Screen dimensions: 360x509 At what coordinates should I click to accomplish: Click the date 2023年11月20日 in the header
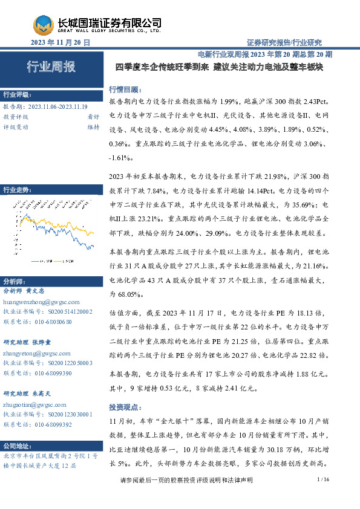click(61, 44)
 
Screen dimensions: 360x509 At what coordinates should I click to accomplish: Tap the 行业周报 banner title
click(51, 66)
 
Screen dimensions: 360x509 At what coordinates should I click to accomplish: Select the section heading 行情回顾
click(124, 88)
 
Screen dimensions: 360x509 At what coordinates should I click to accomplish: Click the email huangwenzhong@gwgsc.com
click(42, 300)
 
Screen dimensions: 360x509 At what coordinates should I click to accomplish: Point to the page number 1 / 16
click(322, 496)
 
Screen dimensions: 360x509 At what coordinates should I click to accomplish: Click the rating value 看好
click(93, 117)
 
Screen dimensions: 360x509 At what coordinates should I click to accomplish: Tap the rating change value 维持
click(93, 127)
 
